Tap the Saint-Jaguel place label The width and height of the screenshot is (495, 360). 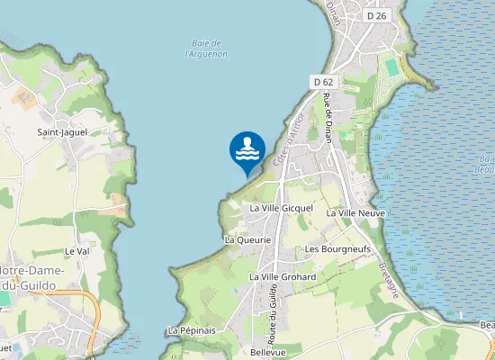point(60,133)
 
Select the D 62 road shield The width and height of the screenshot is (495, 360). point(323,82)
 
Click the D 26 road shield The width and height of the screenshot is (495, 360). point(376,16)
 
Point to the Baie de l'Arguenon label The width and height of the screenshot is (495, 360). point(206,49)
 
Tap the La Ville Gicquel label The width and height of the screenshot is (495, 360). point(281,208)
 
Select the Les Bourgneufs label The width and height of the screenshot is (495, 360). point(337,248)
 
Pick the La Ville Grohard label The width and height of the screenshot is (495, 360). point(288,277)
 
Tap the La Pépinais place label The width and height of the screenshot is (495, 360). point(191,330)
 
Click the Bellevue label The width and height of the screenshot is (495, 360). point(268,352)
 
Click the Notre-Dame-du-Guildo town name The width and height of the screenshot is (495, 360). point(40,277)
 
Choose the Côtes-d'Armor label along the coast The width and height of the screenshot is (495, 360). point(288,144)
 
